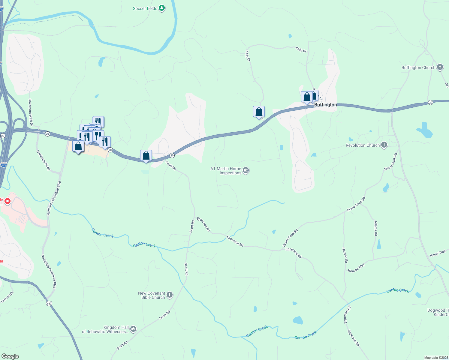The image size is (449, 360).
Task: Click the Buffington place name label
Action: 325,105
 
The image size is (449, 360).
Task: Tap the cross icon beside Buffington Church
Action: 440,67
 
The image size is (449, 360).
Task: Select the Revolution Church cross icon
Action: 384,145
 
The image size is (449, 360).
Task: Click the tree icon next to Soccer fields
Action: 162,8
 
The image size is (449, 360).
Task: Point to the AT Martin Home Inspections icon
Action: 246,171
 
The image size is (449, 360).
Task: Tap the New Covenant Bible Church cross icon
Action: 170,295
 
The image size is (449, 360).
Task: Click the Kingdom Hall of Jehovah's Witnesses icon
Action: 133,329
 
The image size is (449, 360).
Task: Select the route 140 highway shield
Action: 49,303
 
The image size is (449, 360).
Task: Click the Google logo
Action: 10,356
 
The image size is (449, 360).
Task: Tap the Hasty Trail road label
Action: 438,253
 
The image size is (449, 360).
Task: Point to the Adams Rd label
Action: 376,228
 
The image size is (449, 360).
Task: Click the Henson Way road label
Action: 356,268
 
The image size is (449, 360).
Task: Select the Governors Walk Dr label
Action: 30,112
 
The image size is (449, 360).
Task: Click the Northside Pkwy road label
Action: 44,160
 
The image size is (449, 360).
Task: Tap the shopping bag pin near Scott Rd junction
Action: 146,156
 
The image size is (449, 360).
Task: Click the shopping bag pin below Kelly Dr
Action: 259,112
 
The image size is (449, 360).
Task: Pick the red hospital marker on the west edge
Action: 8,201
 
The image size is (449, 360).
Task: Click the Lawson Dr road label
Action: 7,297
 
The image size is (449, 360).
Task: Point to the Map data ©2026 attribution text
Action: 436,358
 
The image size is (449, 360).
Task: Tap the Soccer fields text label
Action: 145,8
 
